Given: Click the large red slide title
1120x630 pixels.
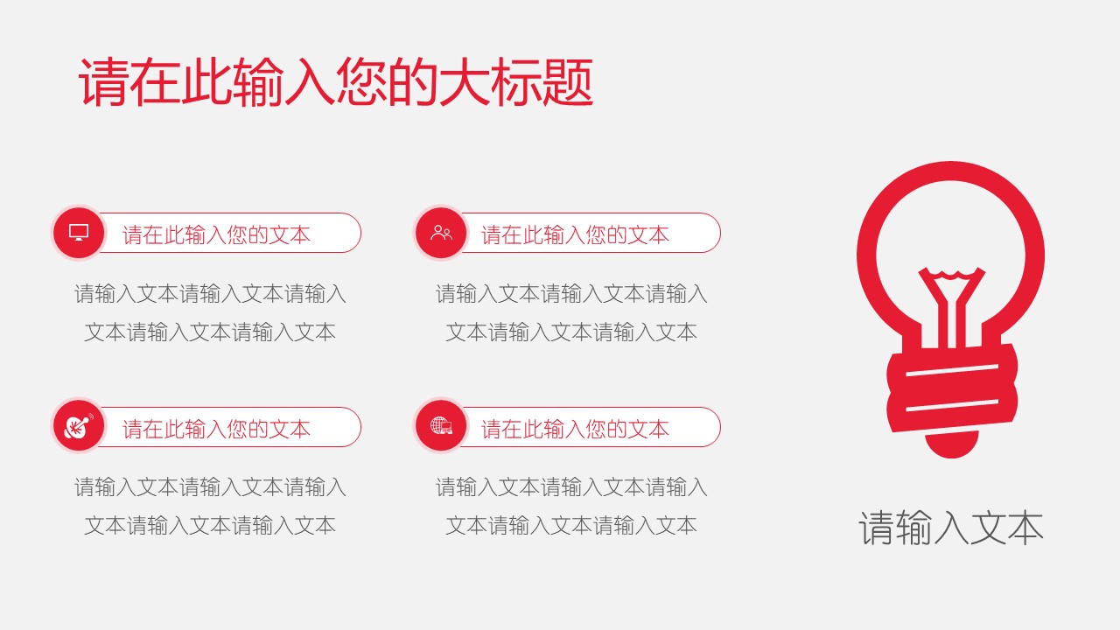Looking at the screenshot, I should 336,82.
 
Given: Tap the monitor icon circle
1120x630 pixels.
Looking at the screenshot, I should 79,233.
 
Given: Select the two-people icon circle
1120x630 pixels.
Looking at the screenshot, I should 441,233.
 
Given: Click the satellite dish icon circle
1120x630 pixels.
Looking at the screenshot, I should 79,426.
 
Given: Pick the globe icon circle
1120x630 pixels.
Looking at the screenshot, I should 441,426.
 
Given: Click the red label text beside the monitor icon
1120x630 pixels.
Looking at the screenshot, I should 216,234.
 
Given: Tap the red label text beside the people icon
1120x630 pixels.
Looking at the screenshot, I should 575,234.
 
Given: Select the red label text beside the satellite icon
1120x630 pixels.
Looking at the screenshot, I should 216,429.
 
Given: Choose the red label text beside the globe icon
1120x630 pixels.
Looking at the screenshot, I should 575,429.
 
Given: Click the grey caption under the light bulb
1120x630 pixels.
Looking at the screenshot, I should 950,528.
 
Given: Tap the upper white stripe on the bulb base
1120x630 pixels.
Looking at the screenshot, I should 951,370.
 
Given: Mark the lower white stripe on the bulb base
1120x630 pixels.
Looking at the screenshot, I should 951,405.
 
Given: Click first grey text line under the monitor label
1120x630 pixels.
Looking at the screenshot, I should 210,294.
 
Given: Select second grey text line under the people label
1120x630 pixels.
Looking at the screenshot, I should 571,332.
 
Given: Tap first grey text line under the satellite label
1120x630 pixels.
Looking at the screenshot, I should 210,487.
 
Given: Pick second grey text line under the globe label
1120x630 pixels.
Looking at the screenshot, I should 571,526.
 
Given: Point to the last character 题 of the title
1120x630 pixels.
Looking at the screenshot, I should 568,83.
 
